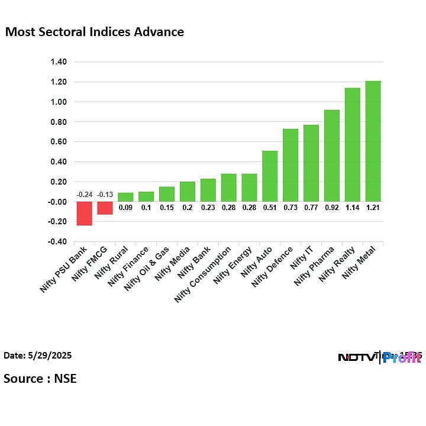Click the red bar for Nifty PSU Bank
[x=84, y=213]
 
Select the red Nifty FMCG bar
[x=105, y=208]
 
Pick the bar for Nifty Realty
[x=352, y=144]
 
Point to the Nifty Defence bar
[x=291, y=165]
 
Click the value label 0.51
[x=270, y=207]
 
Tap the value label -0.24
[x=84, y=195]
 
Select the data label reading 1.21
[x=373, y=207]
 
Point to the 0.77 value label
[x=311, y=207]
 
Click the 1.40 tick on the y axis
[x=58, y=62]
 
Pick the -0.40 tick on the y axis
[x=57, y=241]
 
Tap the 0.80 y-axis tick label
[x=58, y=122]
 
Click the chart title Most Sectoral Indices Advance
[x=95, y=32]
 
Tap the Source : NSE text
[x=40, y=378]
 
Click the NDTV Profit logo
[x=379, y=357]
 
